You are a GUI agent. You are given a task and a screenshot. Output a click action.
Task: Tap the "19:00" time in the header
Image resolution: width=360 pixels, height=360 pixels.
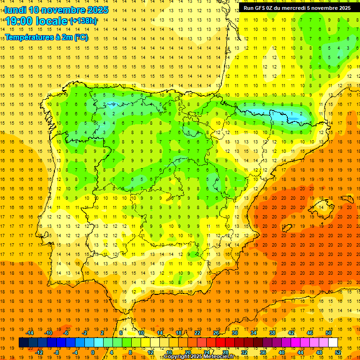pyautogui.click(x=19, y=21)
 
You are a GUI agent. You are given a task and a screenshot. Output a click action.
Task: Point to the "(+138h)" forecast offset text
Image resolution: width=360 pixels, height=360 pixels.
pyautogui.click(x=83, y=21)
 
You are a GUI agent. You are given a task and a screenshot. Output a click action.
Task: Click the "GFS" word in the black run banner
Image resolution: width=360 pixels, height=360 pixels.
pyautogui.click(x=261, y=8)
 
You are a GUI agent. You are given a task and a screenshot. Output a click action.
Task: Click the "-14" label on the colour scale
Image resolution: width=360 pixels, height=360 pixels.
pyautogui.click(x=30, y=333)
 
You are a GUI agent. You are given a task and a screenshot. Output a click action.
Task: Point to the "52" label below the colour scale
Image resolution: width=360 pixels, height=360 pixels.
pyautogui.click(x=338, y=352)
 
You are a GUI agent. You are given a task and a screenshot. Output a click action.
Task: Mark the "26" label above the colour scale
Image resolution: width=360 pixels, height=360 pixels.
pyautogui.click(x=216, y=333)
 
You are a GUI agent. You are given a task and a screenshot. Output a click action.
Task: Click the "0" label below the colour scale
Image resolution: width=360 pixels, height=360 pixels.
pyautogui.click(x=93, y=352)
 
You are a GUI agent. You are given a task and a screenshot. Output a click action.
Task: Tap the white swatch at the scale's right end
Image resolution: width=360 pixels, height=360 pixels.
pyautogui.click(x=333, y=343)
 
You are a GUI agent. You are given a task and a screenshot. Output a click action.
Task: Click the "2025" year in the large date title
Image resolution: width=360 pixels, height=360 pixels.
pyautogui.click(x=97, y=10)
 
